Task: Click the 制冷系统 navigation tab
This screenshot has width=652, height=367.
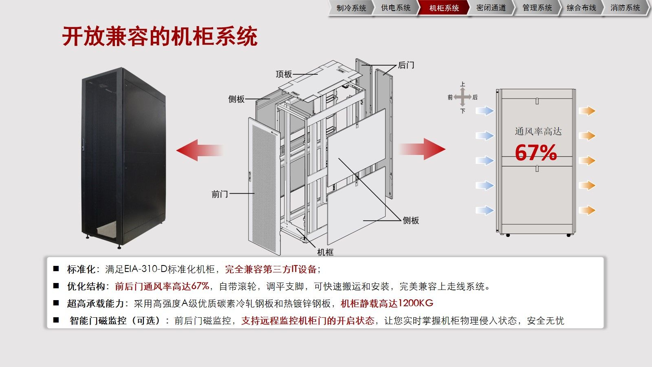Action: (351, 8)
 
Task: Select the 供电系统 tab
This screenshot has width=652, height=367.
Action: (396, 8)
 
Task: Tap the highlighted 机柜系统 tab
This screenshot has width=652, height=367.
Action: (444, 8)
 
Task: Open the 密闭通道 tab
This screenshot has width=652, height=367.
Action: (491, 8)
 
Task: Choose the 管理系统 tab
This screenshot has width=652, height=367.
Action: (537, 8)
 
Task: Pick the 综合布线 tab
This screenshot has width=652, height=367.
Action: (581, 8)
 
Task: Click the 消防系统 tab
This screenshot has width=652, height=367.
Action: (625, 8)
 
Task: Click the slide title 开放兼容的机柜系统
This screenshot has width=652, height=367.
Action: (160, 36)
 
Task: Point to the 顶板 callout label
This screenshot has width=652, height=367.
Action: (284, 74)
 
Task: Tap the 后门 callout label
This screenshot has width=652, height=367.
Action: (406, 65)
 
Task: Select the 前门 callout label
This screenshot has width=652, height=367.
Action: (220, 194)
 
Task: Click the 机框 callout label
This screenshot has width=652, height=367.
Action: (325, 252)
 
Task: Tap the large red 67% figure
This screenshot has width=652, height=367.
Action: (536, 153)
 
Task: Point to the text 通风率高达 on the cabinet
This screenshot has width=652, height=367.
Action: (538, 131)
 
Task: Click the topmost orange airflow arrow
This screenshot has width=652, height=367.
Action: (587, 111)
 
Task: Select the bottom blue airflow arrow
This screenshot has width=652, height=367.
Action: (485, 210)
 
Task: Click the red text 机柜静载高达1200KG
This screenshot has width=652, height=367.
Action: (387, 303)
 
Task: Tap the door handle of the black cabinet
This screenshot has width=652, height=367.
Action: (84, 144)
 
